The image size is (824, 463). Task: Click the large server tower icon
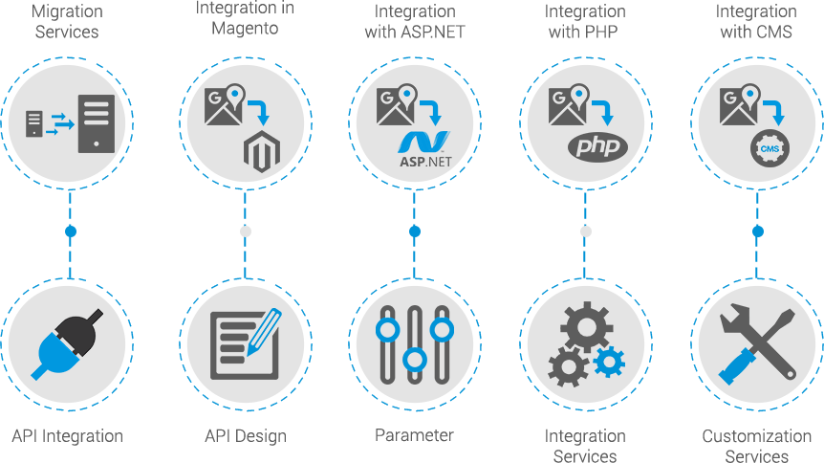pos(97,123)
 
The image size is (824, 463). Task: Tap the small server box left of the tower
pos(34,123)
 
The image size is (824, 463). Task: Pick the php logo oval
pos(597,147)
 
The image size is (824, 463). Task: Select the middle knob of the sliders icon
pos(414,360)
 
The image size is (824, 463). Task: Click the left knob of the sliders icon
pos(387,330)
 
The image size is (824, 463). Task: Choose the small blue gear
pos(609,361)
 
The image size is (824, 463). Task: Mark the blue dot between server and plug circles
pos(70,231)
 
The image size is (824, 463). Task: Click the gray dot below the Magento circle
pos(245,231)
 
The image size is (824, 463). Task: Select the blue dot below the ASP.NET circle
pos(414,231)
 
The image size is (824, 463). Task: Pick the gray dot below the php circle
pos(586,231)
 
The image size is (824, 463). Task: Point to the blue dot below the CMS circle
pos(758,231)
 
